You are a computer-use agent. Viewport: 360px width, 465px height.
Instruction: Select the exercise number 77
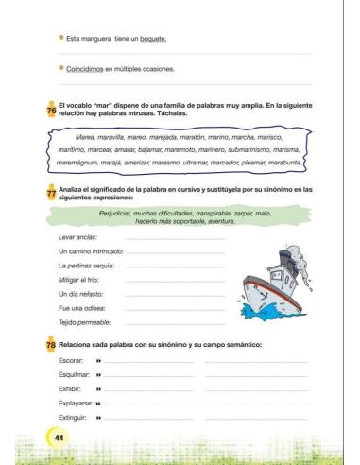tap(51, 190)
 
